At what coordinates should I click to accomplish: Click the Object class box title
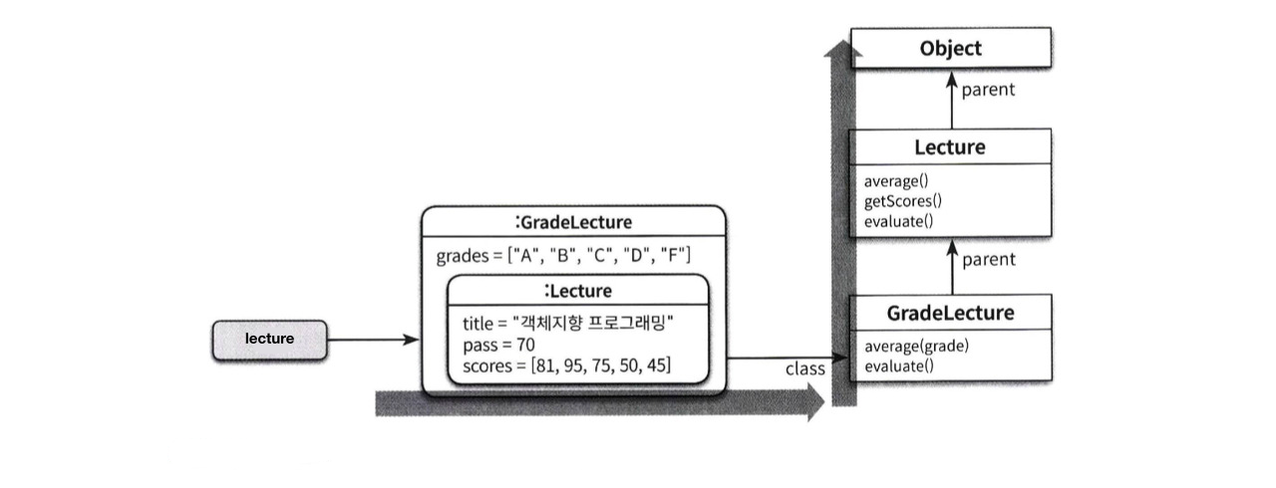950,48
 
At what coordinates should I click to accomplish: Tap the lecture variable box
269,339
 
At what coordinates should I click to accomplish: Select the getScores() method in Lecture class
903,201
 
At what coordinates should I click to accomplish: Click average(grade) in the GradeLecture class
917,347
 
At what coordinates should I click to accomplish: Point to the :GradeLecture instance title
573,221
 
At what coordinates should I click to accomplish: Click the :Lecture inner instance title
578,291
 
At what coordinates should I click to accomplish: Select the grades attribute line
563,255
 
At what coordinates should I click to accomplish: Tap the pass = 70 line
498,345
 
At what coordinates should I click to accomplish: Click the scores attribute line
566,366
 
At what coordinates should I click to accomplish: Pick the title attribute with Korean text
569,323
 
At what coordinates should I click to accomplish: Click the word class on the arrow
805,369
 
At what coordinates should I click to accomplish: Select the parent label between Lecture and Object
988,90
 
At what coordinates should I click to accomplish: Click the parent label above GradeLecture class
988,259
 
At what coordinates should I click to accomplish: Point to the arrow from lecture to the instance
374,340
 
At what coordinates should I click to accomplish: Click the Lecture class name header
950,147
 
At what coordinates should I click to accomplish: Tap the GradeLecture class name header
950,313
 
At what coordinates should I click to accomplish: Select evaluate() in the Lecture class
898,220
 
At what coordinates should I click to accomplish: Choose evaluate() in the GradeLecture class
898,366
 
